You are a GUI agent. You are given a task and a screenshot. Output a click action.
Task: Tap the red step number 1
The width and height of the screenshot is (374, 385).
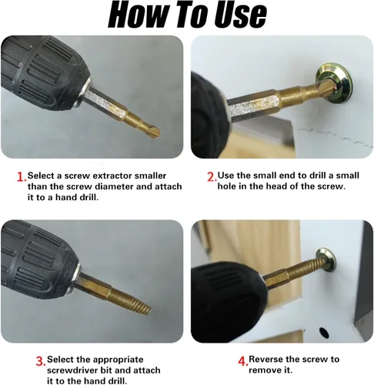pyautogui.click(x=22, y=177)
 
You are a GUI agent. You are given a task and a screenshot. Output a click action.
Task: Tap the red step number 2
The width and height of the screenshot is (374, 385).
pyautogui.click(x=212, y=177)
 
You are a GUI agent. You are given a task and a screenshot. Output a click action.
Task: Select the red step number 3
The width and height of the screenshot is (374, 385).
pyautogui.click(x=41, y=361)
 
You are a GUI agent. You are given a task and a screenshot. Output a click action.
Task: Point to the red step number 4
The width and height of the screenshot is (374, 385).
pyautogui.click(x=243, y=361)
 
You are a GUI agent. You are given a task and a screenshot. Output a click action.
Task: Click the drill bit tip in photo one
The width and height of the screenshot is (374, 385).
pyautogui.click(x=153, y=132)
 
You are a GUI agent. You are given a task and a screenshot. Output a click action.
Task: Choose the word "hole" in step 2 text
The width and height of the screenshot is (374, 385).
pyautogui.click(x=227, y=186)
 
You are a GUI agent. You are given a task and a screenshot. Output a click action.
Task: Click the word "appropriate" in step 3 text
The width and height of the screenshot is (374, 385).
pyautogui.click(x=118, y=360)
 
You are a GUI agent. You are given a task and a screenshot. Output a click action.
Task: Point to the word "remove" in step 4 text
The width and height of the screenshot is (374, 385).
pyautogui.click(x=265, y=370)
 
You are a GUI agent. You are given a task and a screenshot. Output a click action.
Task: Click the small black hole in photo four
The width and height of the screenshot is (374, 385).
pyautogui.click(x=324, y=333)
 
